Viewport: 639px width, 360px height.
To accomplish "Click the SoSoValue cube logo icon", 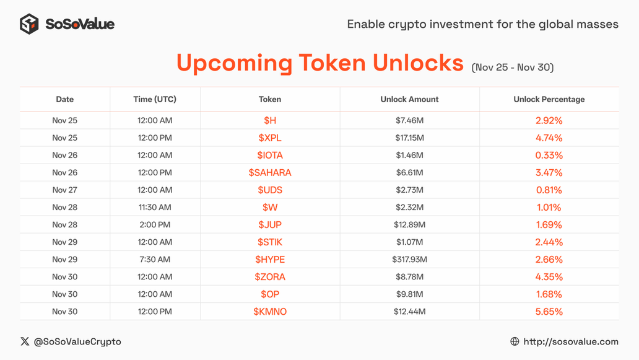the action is tap(29, 24).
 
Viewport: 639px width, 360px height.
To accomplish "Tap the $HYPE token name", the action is tap(270, 259).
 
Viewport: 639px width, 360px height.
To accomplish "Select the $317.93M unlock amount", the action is tap(409, 259).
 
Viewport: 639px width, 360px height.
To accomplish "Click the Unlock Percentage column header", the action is tap(549, 99).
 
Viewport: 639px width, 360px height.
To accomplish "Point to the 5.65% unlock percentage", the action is tap(549, 312).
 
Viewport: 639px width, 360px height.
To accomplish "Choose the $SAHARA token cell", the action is tap(270, 172).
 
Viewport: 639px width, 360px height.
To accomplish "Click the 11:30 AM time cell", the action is tap(155, 207).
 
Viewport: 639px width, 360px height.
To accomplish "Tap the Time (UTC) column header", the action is tap(155, 99).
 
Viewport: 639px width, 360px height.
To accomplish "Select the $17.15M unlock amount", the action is tap(409, 138).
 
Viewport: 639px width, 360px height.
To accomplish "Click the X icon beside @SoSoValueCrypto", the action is tap(25, 341).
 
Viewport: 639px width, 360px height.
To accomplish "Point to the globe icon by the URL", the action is tap(515, 341).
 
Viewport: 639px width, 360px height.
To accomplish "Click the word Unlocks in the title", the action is tap(418, 63).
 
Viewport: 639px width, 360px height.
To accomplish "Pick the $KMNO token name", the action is tap(270, 312).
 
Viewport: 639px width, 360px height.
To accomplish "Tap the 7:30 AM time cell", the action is tap(155, 259).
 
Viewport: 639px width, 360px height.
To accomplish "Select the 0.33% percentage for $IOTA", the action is tap(549, 156).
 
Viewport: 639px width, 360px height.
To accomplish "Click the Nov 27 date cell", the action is tap(65, 190).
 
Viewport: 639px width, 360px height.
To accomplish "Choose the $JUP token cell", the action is tap(270, 225).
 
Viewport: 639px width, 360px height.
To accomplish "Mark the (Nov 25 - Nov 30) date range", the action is tap(513, 68).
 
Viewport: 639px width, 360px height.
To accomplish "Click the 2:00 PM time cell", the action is tap(155, 225).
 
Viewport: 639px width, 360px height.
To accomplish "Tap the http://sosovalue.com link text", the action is tap(571, 341).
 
